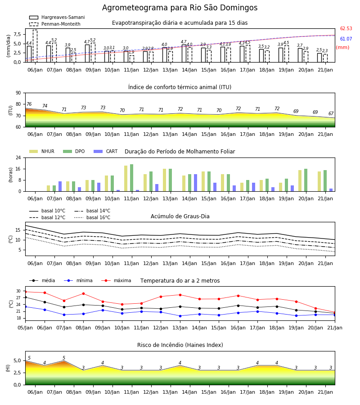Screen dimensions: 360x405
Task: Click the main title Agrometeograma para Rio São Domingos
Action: pyautogui.click(x=180, y=8)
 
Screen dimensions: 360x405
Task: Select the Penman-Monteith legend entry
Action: pyautogui.click(x=55, y=24)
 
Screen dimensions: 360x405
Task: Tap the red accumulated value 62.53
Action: pyautogui.click(x=346, y=28)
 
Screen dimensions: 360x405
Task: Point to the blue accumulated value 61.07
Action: pyautogui.click(x=346, y=39)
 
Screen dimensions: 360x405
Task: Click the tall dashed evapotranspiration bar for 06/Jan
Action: pyautogui.click(x=35, y=46)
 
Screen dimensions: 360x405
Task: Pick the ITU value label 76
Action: pyautogui.click(x=29, y=104)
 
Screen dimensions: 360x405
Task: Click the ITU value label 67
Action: pyautogui.click(x=331, y=113)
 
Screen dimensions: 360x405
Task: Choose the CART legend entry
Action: pyautogui.click(x=106, y=151)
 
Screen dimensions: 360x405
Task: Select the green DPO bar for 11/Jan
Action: pyautogui.click(x=132, y=178)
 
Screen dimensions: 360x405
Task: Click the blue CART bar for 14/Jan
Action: pyautogui.click(x=195, y=183)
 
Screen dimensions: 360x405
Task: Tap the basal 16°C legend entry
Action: pyautogui.click(x=92, y=217)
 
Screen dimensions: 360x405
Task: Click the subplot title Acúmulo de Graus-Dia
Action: pyautogui.click(x=180, y=216)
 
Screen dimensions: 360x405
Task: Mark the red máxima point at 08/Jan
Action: pyautogui.click(x=83, y=294)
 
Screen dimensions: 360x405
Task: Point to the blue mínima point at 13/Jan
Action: pyautogui.click(x=180, y=316)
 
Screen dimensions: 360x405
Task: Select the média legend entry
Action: pyautogui.click(x=42, y=280)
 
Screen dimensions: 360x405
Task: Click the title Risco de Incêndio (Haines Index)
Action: pyautogui.click(x=180, y=345)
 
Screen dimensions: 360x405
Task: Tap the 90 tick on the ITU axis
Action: pyautogui.click(x=18, y=93)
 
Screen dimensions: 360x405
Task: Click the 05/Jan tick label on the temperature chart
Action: pyautogui.click(x=25, y=328)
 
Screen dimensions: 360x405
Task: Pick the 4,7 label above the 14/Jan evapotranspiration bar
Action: pyautogui.click(x=183, y=42)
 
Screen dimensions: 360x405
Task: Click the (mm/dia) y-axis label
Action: pyautogui.click(x=8, y=46)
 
